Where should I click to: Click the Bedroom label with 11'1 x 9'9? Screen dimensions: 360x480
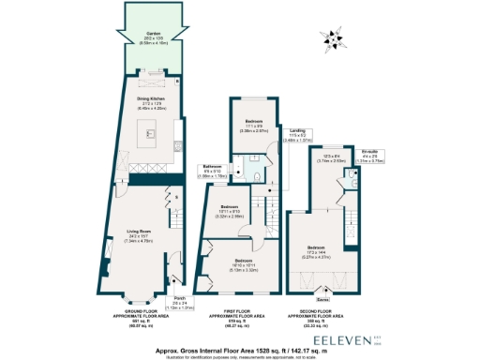pyautogui.click(x=253, y=125)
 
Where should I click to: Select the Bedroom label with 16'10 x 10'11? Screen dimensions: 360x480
pyautogui.click(x=243, y=262)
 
